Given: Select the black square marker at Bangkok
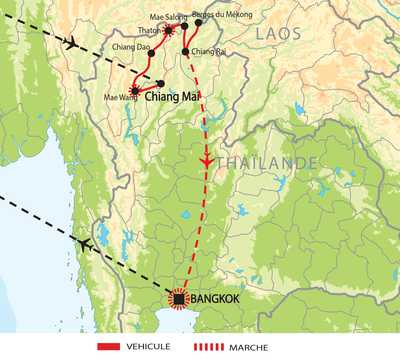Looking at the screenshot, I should click(x=179, y=298).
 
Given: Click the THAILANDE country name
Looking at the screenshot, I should click(x=256, y=160).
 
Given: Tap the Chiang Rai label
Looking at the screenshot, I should click(x=209, y=51).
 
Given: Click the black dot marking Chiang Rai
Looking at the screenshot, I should click(x=185, y=51).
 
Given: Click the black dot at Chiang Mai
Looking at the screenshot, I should click(x=160, y=83).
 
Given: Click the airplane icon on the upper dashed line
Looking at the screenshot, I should click(x=70, y=43).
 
